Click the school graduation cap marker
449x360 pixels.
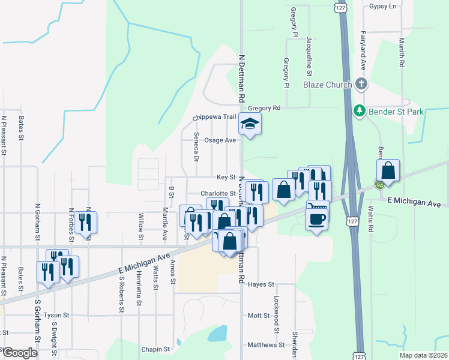[x=250, y=125]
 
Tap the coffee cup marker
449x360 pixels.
[x=316, y=219]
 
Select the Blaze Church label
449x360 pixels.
[x=327, y=85]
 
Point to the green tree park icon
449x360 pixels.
[x=360, y=111]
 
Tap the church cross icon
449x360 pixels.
[x=361, y=84]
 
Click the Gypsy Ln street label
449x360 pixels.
[x=384, y=6]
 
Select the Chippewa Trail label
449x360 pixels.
[x=211, y=118]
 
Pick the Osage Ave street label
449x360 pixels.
[x=220, y=140]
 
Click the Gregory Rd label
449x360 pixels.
[x=264, y=108]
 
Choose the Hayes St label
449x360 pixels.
[x=261, y=284]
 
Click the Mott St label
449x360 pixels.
[x=259, y=315]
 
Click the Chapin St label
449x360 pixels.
[x=156, y=349]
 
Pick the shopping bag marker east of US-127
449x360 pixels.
[x=388, y=171]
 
